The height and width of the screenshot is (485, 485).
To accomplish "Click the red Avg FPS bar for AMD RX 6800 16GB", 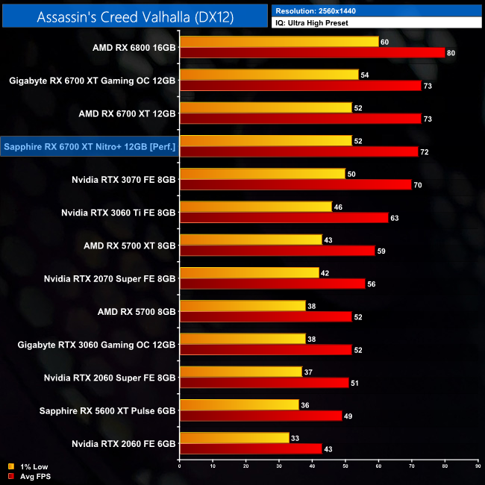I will coord(312,53).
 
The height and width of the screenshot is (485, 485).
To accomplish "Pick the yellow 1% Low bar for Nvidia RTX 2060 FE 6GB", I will coord(234,437).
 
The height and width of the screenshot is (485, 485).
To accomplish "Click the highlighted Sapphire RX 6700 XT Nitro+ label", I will coord(90,147).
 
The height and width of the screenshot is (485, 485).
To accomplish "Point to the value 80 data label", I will coord(450,53).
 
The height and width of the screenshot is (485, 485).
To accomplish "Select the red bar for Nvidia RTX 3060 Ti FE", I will coord(284,218).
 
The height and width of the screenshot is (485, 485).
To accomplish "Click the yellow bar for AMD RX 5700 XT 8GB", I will coord(251,240).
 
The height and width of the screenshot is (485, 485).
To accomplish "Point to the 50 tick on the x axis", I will coord(345,466).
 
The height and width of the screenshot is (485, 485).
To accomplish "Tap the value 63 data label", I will coord(394,218).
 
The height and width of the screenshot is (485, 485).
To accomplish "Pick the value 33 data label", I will coord(294,437).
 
